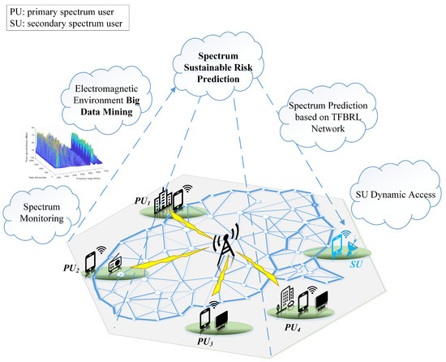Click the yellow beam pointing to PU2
tap(162, 261)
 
